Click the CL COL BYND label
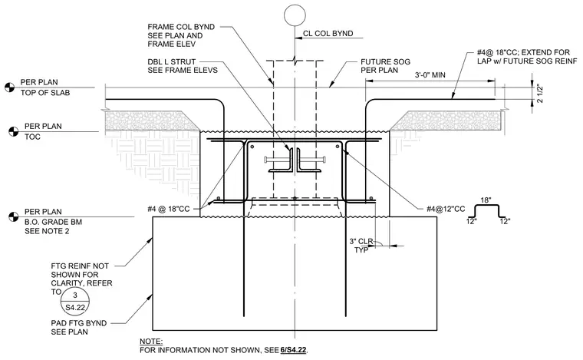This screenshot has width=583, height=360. (x=328, y=34)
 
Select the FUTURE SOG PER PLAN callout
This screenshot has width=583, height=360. (x=385, y=66)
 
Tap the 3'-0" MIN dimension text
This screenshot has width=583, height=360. (x=430, y=74)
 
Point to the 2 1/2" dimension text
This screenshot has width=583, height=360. (x=539, y=94)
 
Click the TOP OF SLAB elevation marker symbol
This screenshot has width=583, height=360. (x=10, y=88)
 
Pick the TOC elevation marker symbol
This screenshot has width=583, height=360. (x=14, y=132)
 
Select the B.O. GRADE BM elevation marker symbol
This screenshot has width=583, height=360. (x=13, y=216)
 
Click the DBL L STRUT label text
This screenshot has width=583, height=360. (x=171, y=61)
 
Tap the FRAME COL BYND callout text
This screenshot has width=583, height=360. (x=181, y=35)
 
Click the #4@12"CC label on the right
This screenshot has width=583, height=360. (x=446, y=209)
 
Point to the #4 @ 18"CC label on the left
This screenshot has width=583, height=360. (x=169, y=209)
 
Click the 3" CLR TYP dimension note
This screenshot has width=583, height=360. (x=361, y=246)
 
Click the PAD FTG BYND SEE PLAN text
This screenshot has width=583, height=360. (x=79, y=327)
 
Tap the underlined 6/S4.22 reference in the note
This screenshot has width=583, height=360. (x=293, y=350)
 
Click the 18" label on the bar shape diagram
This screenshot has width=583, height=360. (x=486, y=200)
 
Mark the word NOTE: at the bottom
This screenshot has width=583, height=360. (x=151, y=342)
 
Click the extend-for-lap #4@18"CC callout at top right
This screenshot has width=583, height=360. (x=527, y=57)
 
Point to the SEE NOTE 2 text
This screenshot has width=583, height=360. (x=47, y=231)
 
